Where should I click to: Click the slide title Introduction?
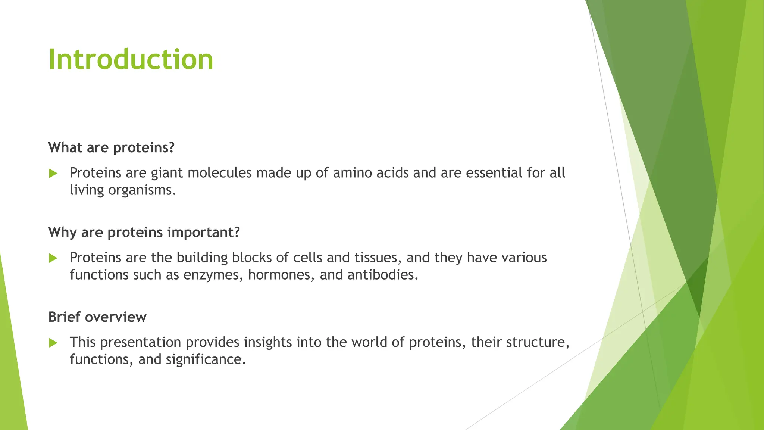[x=131, y=60]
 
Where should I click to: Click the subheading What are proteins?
[x=111, y=148]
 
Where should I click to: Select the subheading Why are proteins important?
[x=144, y=233]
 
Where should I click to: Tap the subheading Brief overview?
[x=97, y=317]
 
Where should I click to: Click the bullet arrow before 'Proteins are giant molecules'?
[x=53, y=173]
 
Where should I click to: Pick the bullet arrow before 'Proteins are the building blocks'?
[x=53, y=258]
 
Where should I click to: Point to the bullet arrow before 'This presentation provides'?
[x=53, y=343]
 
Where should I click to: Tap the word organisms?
[x=142, y=191]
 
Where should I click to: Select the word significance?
[x=206, y=360]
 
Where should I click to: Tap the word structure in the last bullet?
[x=537, y=343]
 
